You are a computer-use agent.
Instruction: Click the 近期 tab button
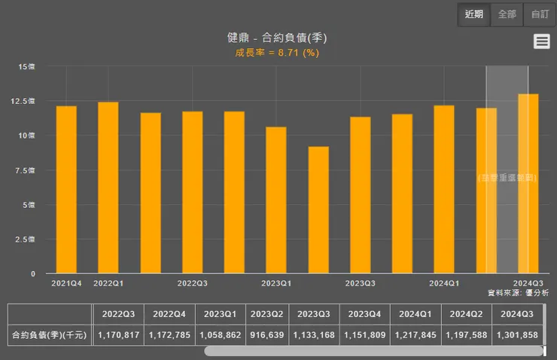pos(474,14)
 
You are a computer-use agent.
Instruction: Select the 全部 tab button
pos(507,14)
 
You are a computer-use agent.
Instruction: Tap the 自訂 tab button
pos(540,14)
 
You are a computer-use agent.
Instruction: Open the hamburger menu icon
pos(541,41)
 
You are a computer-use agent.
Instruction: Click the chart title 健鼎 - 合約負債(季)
pos(277,38)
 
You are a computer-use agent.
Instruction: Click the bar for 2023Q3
pos(360,195)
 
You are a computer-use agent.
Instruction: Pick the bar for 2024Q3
pos(528,184)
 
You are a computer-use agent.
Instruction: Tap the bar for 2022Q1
pos(108,188)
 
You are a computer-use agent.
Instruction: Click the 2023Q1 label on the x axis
pos(276,283)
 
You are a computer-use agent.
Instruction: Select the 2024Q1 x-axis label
pos(444,283)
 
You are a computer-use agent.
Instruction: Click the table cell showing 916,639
pos(266,334)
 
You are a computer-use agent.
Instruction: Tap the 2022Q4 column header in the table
pos(169,314)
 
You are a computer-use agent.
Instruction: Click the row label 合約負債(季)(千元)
pos(50,334)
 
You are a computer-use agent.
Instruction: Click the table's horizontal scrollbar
pos(373,351)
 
